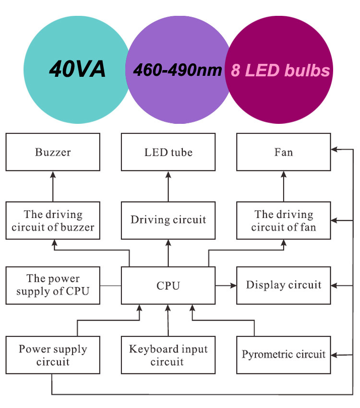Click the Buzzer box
pos(53,152)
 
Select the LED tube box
pos(168,152)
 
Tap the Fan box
pos(284,152)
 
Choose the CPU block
pos(168,286)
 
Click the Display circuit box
pos(284,286)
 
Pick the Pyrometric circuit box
pos(284,355)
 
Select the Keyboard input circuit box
pos(168,355)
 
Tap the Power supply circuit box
pos(53,355)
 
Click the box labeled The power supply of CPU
pos(53,286)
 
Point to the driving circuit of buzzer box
pos(53,220)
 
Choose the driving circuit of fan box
pos(284,220)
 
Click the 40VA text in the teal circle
pos(77,69)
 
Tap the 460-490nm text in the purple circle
pos(178,70)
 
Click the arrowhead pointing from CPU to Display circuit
pos(233,286)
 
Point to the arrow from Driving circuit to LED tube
pos(168,186)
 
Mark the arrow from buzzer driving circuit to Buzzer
pos(53,186)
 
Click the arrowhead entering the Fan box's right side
pos(335,149)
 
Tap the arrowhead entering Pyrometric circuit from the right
pos(335,355)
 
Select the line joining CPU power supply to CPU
pos(110,286)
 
